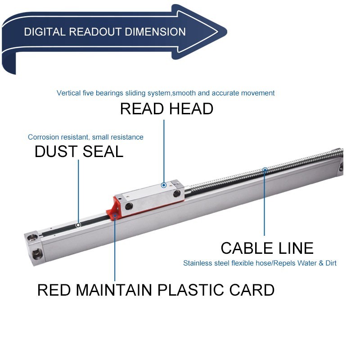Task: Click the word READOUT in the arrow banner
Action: coord(96,32)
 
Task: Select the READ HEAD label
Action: coord(166,109)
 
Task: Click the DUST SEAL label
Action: coord(79,152)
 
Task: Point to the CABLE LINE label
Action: coord(267,248)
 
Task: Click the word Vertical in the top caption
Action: coord(68,93)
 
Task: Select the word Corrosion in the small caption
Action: coord(43,137)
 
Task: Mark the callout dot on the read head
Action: coord(164,185)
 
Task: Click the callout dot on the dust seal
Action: coord(78,225)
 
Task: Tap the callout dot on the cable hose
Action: coord(265,170)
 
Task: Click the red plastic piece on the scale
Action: coord(112,212)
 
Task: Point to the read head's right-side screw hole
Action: coord(177,193)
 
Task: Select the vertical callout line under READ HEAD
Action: coord(164,148)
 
